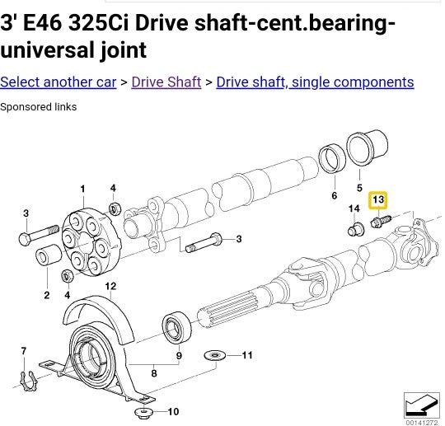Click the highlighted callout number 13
[378, 199]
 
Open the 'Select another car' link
[58, 82]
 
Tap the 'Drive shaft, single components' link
[315, 82]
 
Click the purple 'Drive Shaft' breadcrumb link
[166, 82]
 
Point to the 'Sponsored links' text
[39, 107]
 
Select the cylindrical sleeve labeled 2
[47, 257]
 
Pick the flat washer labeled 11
[216, 355]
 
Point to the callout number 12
[110, 286]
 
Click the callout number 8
[152, 373]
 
